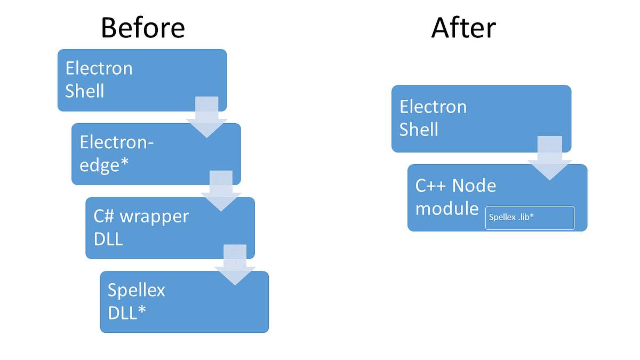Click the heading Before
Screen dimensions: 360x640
tap(142, 27)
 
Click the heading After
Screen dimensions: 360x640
tap(463, 27)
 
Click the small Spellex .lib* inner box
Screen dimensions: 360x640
tap(530, 218)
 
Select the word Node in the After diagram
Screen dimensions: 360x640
tap(474, 186)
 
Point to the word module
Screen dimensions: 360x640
tap(447, 209)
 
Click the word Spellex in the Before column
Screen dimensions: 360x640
tap(137, 290)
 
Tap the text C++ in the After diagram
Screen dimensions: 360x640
tap(431, 186)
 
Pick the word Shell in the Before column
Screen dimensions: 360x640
tap(85, 91)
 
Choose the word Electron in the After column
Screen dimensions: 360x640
tap(433, 107)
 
